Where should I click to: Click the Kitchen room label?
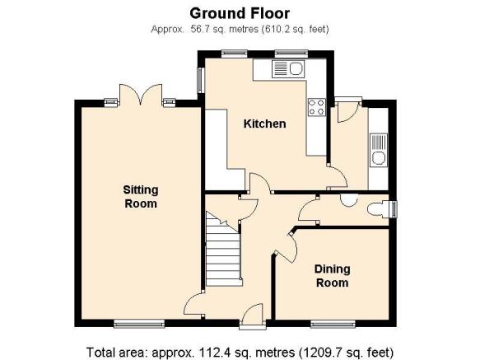tap(265, 124)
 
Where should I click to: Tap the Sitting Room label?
tap(141, 197)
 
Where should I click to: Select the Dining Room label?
tap(333, 276)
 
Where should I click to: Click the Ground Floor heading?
tap(240, 13)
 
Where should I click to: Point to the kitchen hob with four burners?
tap(316, 107)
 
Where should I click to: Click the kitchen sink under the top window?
tap(288, 69)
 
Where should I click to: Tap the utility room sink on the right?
tap(379, 150)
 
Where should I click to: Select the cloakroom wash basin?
tap(349, 199)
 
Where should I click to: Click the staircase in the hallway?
tap(223, 249)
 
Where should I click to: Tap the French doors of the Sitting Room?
tap(141, 95)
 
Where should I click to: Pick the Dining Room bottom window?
tap(333, 324)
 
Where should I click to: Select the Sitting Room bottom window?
tap(139, 324)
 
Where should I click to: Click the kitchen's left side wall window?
tap(201, 80)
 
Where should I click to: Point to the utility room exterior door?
tap(347, 110)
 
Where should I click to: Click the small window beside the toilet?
tap(394, 209)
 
